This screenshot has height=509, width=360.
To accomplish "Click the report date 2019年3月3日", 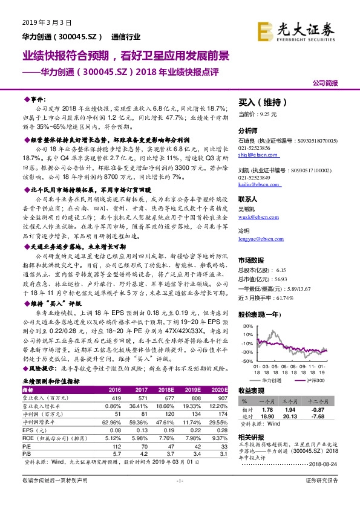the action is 47,22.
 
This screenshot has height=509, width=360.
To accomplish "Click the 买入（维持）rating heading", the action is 257,103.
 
